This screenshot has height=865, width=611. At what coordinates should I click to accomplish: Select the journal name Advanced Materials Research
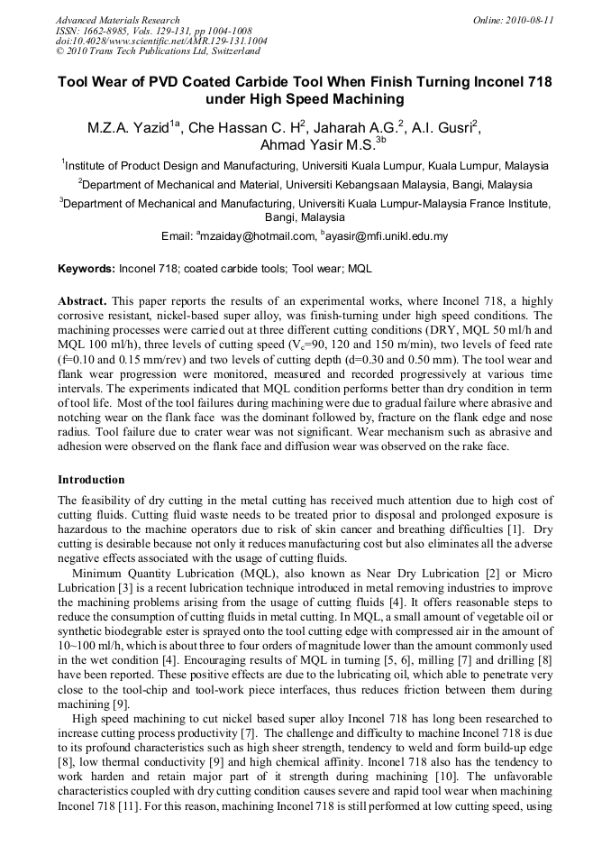(x=117, y=20)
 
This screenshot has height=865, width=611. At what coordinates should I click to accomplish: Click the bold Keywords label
(x=87, y=269)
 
